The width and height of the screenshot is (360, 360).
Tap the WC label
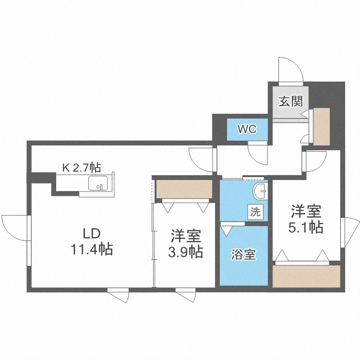247,129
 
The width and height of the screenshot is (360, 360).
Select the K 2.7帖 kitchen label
82,168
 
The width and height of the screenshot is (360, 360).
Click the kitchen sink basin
98,183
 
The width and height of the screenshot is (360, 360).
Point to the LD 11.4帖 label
92,242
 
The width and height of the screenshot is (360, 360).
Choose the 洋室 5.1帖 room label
306,219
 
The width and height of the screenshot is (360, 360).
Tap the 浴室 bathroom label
243,254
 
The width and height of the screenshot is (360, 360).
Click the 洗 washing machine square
255,212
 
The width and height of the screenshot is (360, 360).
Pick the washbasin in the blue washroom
261,191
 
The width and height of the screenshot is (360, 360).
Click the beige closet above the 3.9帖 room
184,189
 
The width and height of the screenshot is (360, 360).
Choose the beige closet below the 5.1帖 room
306,276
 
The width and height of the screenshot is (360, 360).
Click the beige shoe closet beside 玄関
322,127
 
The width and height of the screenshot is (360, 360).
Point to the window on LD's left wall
29,240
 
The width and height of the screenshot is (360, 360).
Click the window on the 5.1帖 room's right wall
342,232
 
